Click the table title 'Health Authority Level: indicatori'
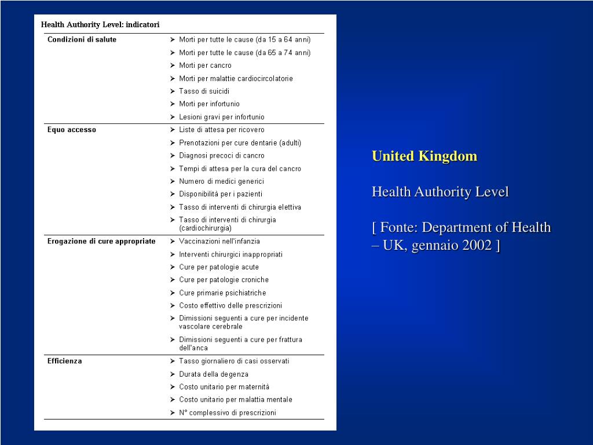coord(100,25)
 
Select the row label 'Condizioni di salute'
coord(82,39)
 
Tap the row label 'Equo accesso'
coord(72,130)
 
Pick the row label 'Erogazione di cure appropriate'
coord(101,241)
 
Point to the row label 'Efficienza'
coord(64,361)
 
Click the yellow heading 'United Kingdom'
coord(424,156)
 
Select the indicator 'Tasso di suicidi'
coord(204,91)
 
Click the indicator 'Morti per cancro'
coord(205,65)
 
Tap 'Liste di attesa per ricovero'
coord(221,130)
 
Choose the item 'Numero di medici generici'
coord(221,181)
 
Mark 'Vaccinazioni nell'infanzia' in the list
coord(219,241)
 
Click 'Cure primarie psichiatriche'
coord(222,293)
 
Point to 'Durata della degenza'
coord(214,374)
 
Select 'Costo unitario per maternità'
coord(224,386)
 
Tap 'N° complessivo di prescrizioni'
coord(228,413)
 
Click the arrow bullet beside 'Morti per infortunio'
coord(173,104)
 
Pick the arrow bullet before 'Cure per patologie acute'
coord(173,267)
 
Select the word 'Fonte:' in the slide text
coord(400,228)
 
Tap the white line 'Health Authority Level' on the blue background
coord(440,192)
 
